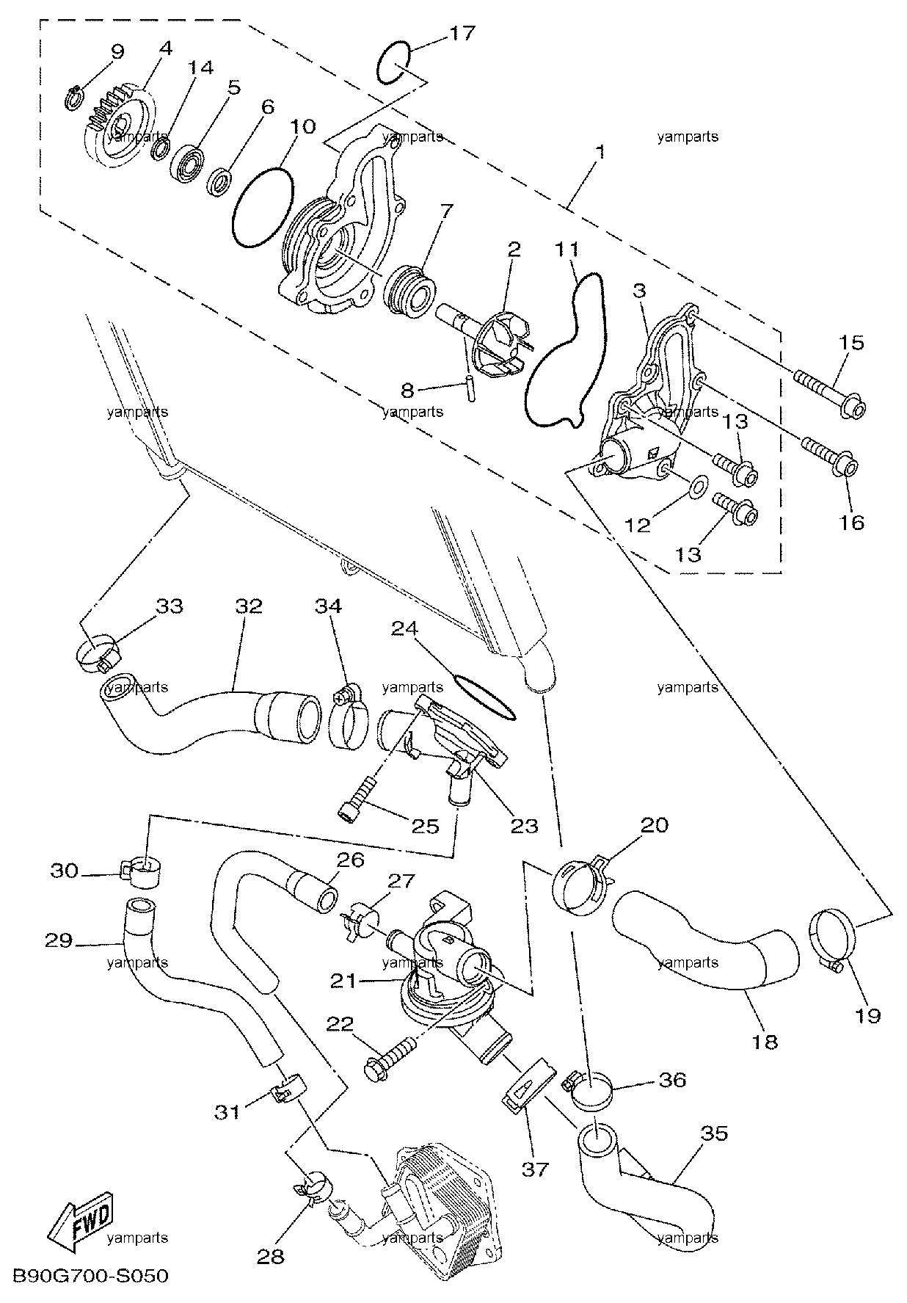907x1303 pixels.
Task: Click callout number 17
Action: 464,34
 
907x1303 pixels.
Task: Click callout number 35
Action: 714,1133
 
